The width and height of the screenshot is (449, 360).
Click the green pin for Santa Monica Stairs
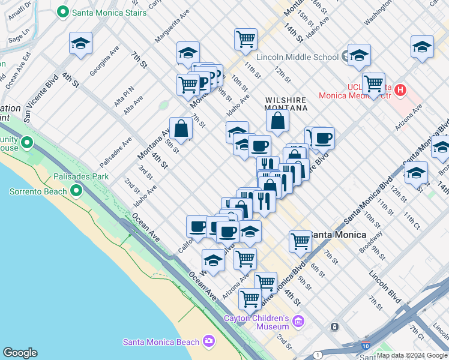pos(62,12)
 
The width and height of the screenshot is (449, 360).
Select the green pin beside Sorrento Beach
pos(76,191)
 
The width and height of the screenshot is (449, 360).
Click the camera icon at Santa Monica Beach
pos(208,342)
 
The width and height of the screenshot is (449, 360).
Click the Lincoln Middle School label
pos(297,57)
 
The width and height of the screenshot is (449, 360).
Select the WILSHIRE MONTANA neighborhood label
pos(286,104)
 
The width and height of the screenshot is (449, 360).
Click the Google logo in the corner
pos(20,353)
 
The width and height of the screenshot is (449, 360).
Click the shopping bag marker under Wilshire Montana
pos(278,121)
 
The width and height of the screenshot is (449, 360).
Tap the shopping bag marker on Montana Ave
pos(181,128)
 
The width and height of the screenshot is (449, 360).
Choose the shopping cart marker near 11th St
pos(246,40)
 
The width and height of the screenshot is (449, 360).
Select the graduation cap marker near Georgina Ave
pos(80,44)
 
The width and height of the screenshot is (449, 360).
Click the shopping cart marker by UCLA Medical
pos(373,84)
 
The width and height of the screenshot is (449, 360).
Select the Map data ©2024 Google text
pos(412,355)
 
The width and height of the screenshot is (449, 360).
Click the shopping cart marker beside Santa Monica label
pos(300,242)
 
